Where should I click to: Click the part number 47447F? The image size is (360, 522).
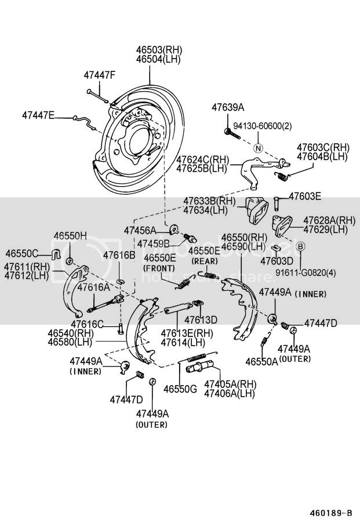99,75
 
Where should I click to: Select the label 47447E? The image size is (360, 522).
38,115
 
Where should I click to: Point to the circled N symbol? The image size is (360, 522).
259,148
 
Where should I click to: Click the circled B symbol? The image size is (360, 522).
301,247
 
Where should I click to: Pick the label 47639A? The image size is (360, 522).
228,107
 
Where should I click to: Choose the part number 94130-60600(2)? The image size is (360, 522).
263,126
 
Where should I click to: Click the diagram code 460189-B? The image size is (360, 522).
329,513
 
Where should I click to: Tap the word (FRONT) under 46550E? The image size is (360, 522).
159,268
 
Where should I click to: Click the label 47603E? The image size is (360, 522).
305,196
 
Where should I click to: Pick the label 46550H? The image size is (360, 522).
70,235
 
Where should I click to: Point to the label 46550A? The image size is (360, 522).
261,361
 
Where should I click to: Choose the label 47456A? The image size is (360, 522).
140,230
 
